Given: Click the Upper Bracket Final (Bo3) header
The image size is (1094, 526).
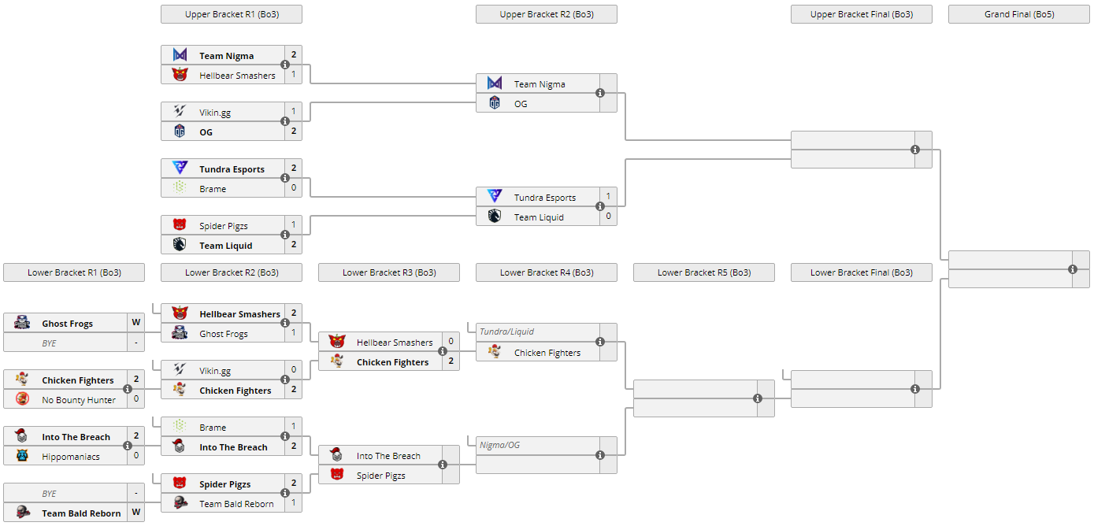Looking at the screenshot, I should click(861, 14).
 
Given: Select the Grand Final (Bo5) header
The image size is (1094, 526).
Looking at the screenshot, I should click(1018, 14).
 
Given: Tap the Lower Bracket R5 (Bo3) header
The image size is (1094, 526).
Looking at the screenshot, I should click(703, 272).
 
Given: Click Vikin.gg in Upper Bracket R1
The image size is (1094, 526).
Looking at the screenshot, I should click(215, 113).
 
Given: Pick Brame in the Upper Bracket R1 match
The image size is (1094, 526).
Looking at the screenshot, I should click(213, 189).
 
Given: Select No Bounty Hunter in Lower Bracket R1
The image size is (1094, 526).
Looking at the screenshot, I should click(79, 400).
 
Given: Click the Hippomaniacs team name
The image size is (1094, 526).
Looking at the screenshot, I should click(71, 457).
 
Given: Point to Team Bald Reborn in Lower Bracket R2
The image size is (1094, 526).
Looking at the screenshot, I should click(236, 504).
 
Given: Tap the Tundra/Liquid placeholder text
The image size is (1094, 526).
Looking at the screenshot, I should click(506, 332).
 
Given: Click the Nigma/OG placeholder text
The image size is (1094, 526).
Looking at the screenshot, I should click(499, 445).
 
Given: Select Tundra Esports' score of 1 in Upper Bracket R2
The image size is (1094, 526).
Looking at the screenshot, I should click(608, 196).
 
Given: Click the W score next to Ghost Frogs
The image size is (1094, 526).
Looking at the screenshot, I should click(136, 322).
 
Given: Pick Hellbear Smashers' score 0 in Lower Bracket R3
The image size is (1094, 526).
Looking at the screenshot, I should click(451, 342).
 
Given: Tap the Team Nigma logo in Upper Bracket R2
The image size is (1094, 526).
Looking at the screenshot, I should click(495, 83).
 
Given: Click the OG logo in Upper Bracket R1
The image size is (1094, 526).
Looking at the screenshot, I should click(180, 131).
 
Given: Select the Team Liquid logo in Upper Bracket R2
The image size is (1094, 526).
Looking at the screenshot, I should click(495, 217).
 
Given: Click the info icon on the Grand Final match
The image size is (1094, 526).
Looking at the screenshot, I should click(1073, 269).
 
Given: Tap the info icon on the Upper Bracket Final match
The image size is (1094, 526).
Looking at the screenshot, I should click(915, 150).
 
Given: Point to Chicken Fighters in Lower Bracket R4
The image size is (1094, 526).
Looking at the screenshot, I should click(547, 353).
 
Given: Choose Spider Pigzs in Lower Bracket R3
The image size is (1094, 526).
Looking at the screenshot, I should click(380, 476).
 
